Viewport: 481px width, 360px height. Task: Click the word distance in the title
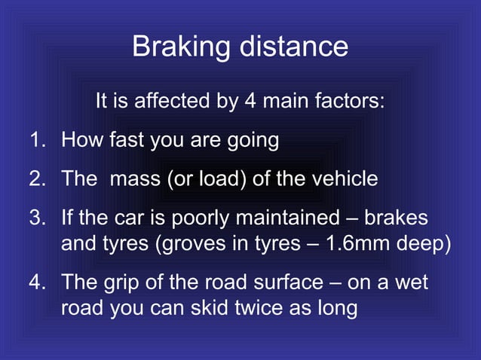point(295,47)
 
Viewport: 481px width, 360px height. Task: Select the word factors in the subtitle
point(348,100)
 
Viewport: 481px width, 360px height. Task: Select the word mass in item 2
point(134,179)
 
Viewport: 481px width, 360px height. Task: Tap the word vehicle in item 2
point(342,179)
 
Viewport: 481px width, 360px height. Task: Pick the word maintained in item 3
point(283,218)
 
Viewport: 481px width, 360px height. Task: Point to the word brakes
point(396,218)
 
